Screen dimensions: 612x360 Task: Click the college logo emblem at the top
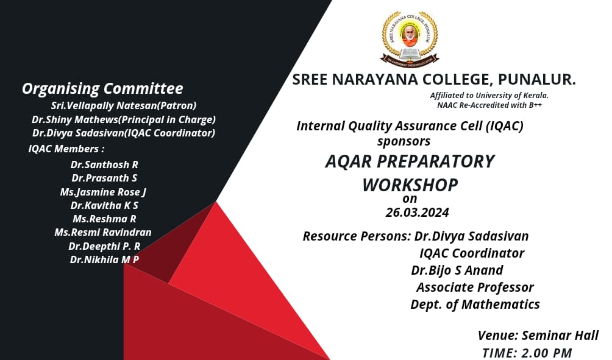(x=410, y=38)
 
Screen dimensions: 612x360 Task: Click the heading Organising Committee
(x=102, y=88)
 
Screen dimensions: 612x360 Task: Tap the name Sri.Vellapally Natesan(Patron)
(x=123, y=106)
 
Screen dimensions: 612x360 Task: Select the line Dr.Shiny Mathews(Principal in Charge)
(x=124, y=119)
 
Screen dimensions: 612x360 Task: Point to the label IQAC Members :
(x=66, y=149)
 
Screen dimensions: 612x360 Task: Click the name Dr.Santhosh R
(x=104, y=164)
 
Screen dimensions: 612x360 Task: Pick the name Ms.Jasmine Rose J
(x=103, y=192)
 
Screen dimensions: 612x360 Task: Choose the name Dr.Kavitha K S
(x=104, y=205)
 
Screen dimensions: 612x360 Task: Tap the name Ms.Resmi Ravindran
(x=102, y=233)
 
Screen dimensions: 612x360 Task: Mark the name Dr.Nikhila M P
(x=104, y=259)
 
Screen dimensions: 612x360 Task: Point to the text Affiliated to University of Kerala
(x=489, y=95)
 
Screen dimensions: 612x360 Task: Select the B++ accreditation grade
(x=535, y=105)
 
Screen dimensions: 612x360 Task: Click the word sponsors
(x=404, y=141)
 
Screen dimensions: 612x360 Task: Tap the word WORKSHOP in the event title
(x=410, y=185)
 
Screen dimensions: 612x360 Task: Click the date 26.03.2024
(x=417, y=212)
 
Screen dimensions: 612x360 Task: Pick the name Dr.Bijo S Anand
(x=457, y=270)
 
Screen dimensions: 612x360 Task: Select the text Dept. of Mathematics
(x=475, y=304)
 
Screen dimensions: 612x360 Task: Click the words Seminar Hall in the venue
(x=560, y=336)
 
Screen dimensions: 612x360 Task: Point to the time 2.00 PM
(x=546, y=353)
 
